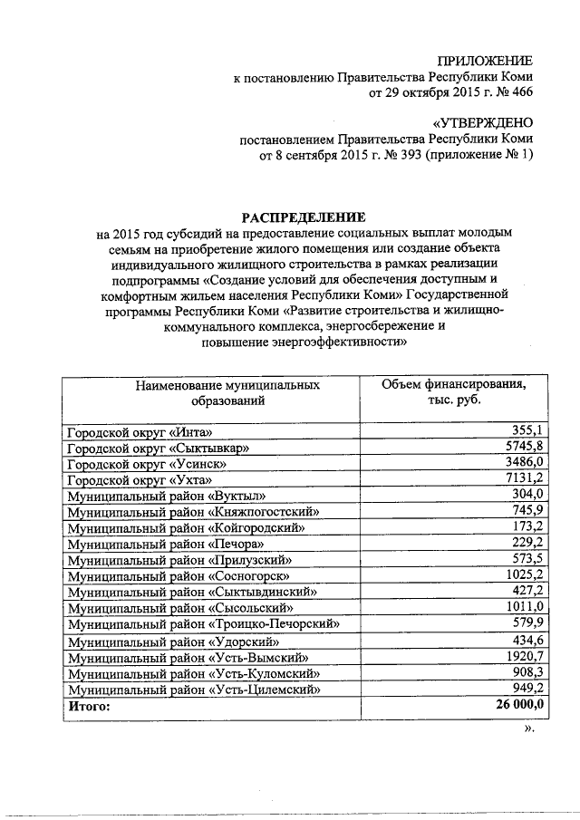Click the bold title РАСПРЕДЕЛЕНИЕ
point(303,217)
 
